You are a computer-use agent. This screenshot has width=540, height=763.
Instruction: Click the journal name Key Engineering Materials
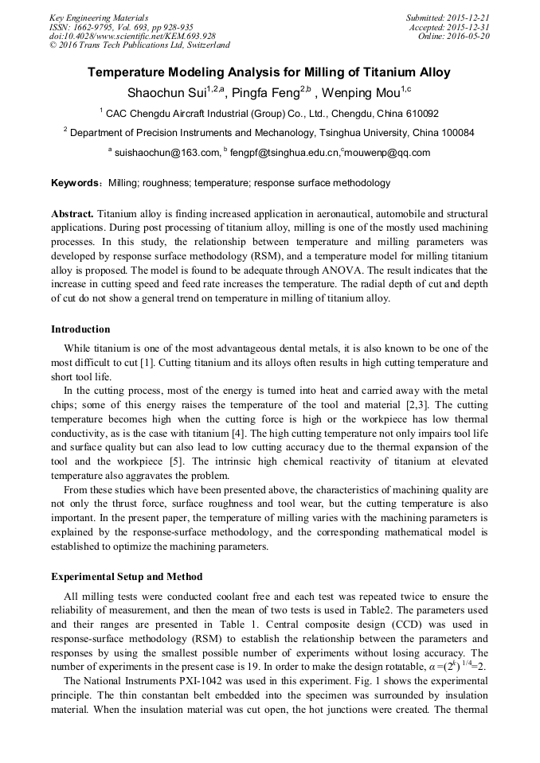point(98,18)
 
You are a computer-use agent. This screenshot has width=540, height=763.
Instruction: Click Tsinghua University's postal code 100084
point(453,133)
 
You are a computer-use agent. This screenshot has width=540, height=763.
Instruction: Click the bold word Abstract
point(72,215)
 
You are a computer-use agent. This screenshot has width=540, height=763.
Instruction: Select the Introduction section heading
point(80,329)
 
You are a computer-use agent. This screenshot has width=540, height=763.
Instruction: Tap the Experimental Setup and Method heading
point(127,577)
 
